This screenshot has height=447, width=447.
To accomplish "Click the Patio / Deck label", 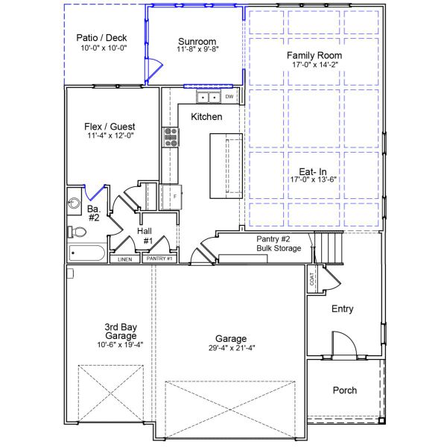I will coord(103,38).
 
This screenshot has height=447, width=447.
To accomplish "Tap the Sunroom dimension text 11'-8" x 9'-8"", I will coord(197,50).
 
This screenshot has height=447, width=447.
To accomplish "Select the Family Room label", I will coord(314,55).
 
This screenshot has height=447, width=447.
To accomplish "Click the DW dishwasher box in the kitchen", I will coord(229,97).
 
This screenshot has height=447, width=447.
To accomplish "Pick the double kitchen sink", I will coord(208,97).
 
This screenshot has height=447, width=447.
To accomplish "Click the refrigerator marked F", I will coord(171,195).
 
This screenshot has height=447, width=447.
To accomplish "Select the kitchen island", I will coord(223,165).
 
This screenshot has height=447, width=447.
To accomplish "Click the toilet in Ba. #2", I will coord(77,232).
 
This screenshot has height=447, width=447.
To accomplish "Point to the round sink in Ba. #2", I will coord(74,202).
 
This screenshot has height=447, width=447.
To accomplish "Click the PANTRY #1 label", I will coord(159,259).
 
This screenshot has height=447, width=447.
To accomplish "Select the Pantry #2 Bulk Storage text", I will coord(279,243).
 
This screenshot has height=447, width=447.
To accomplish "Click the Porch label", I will coord(344,390).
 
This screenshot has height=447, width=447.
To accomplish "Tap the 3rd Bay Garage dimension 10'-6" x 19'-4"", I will coord(109,345).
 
